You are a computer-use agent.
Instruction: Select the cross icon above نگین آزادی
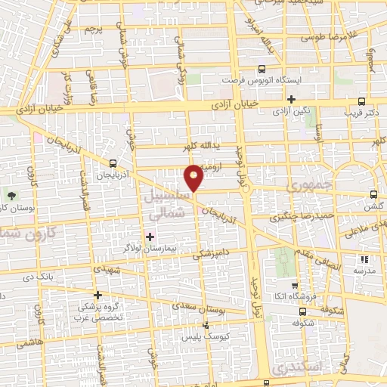point(290,99)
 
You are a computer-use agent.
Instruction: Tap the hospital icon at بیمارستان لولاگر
point(150,237)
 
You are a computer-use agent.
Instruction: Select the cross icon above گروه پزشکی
point(97,295)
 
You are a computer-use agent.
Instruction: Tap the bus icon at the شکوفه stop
point(302,311)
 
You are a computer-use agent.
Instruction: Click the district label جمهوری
point(307,185)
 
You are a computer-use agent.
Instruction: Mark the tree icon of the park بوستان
point(10,196)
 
